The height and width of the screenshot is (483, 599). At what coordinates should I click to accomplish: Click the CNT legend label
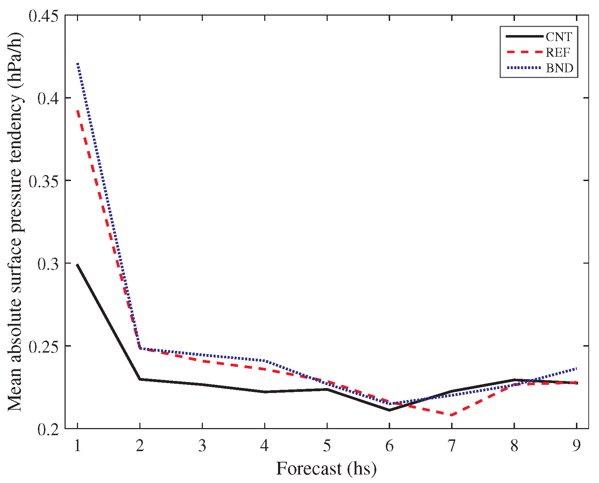tap(559, 37)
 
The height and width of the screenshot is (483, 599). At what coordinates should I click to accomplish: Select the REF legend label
tap(558, 52)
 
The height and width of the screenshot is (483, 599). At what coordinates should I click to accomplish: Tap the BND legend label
tap(559, 68)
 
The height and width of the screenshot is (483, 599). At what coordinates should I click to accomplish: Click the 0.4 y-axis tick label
tap(48, 99)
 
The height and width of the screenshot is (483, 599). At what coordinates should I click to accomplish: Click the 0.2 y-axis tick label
tap(48, 429)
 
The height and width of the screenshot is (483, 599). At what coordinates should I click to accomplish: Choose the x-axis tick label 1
tap(77, 446)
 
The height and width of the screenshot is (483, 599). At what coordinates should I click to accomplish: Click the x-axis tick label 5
tap(327, 446)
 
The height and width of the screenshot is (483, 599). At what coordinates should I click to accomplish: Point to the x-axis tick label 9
tap(577, 446)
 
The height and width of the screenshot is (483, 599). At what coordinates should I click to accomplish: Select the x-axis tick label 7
tap(451, 446)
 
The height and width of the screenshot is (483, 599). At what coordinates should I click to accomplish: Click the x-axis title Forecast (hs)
tap(326, 468)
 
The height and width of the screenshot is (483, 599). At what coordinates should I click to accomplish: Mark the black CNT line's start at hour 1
tap(77, 265)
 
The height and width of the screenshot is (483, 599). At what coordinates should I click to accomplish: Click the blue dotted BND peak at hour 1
tap(78, 64)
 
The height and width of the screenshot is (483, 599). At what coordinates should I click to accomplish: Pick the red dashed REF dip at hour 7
tap(451, 415)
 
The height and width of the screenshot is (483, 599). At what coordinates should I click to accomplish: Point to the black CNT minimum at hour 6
tap(389, 410)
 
